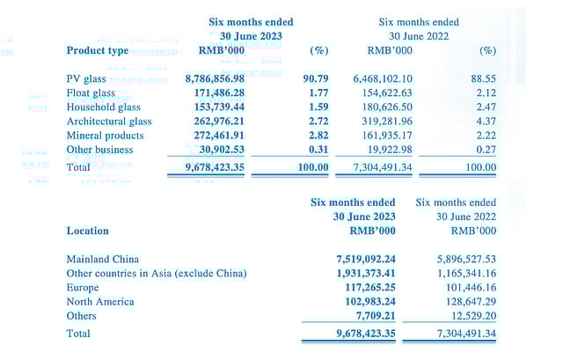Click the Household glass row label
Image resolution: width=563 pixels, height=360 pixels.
click(x=104, y=107)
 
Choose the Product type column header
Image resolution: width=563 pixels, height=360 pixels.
click(x=97, y=50)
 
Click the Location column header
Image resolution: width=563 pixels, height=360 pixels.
click(x=87, y=231)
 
